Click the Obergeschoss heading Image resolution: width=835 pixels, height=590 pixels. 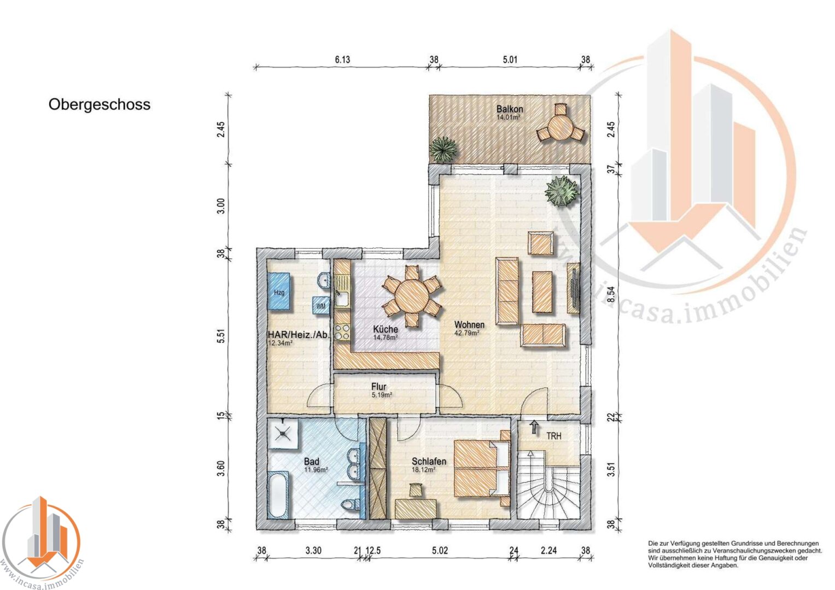(x=100, y=105)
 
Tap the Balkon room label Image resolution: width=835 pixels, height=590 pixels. (x=509, y=109)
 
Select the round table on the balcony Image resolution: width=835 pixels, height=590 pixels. (x=560, y=127)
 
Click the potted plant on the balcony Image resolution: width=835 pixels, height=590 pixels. (x=443, y=149)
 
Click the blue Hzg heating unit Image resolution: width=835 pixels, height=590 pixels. (x=279, y=291)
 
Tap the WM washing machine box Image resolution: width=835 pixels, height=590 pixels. (x=320, y=306)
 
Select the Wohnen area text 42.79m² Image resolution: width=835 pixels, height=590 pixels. (x=466, y=333)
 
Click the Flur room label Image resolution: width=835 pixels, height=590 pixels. (x=378, y=387)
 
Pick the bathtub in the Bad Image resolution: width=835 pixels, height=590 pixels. (x=278, y=495)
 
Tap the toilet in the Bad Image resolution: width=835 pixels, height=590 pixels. (x=351, y=505)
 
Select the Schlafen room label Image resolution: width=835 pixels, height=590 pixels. (x=429, y=462)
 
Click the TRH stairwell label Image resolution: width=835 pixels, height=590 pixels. (x=553, y=436)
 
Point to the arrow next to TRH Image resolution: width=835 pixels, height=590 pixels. (x=534, y=427)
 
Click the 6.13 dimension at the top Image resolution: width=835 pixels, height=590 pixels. (x=342, y=60)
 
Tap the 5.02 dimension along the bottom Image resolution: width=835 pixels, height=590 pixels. (x=440, y=551)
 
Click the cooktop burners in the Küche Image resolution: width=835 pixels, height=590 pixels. (x=342, y=332)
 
